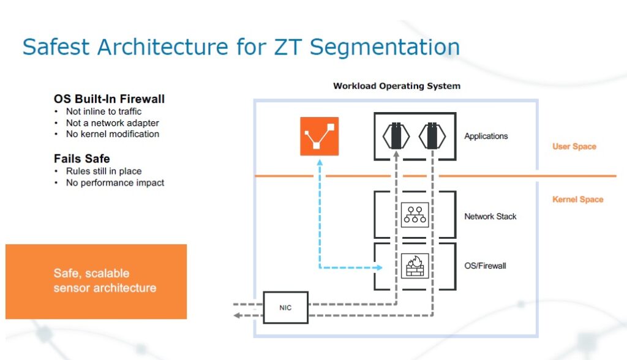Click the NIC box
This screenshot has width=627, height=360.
click(286, 307)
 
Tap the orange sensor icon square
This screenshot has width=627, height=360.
click(318, 135)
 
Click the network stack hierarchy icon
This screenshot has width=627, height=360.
click(415, 216)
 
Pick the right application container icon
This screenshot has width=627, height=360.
click(432, 135)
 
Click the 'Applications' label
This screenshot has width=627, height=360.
click(486, 136)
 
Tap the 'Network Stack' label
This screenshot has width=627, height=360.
click(490, 216)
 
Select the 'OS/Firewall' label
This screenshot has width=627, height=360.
click(486, 266)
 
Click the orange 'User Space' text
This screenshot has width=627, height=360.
click(574, 147)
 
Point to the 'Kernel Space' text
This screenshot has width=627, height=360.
click(577, 200)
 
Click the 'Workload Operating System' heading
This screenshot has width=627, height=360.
click(396, 86)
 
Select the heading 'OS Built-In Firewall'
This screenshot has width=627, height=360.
click(109, 99)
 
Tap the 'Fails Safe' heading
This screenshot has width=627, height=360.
click(81, 159)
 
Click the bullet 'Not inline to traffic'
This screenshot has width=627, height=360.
click(103, 111)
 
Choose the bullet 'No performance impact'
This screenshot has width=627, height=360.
click(115, 182)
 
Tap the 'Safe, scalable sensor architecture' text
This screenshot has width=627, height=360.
click(104, 280)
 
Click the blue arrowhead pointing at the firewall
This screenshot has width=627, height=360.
click(379, 268)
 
